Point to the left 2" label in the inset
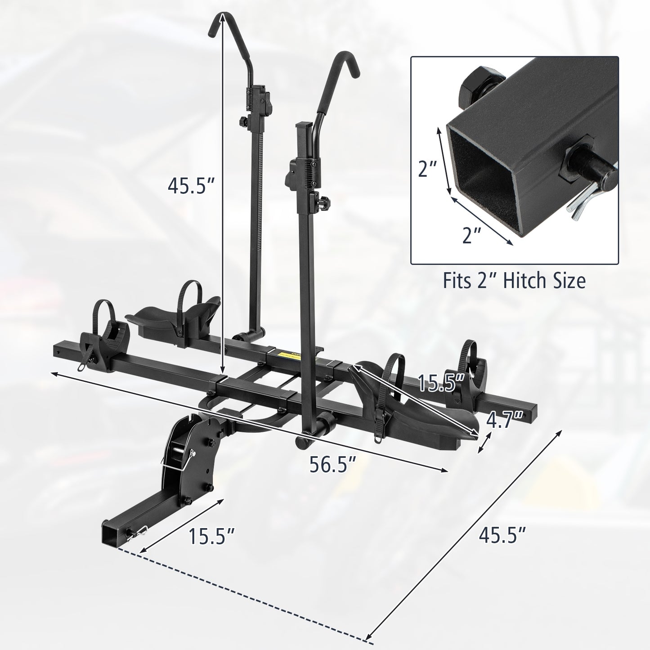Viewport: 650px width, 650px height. (428, 170)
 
